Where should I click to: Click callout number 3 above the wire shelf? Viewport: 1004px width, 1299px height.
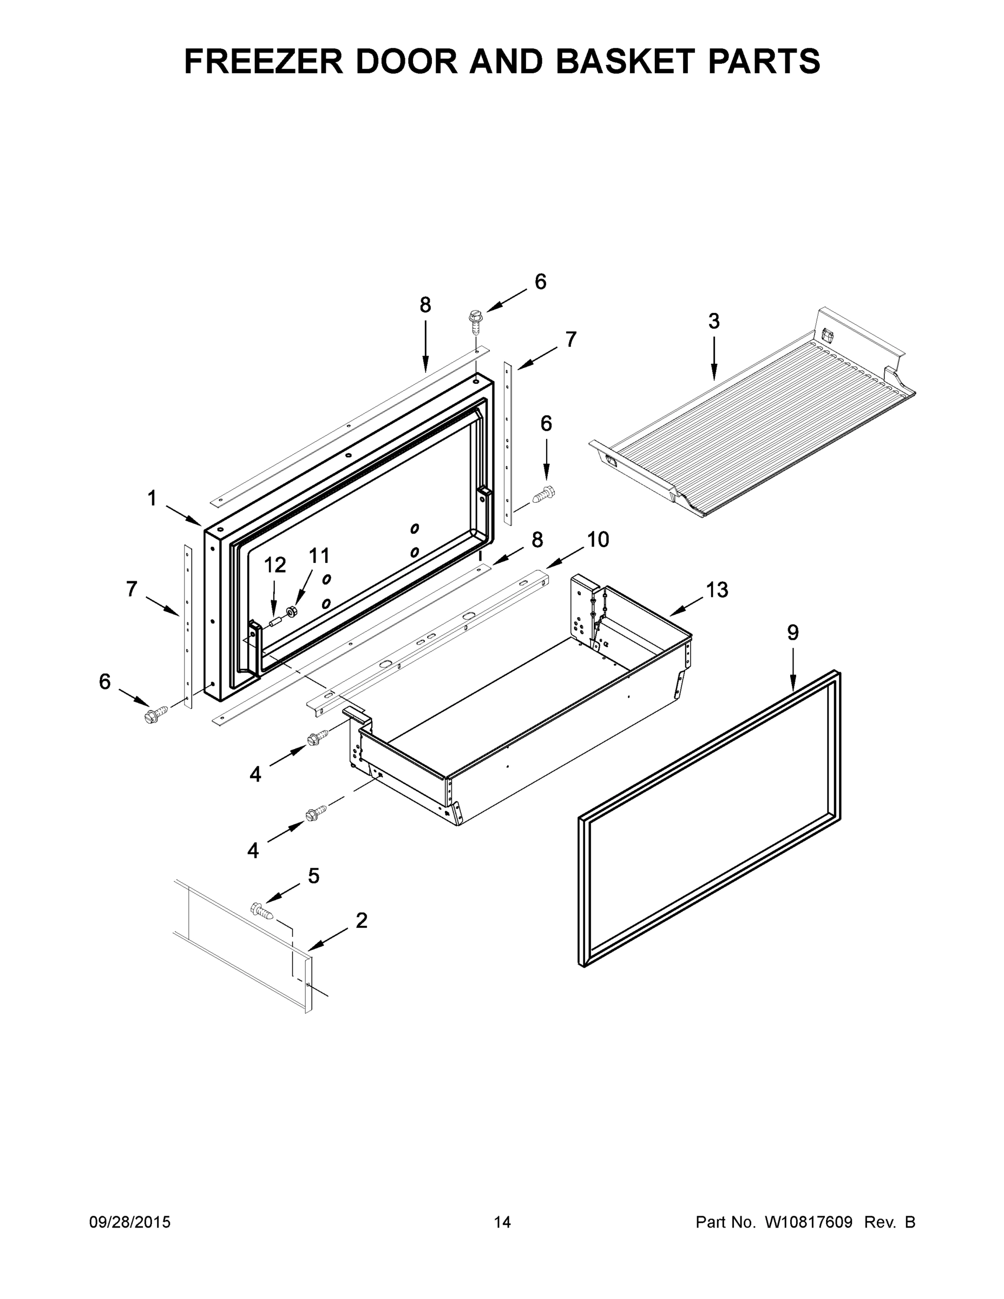[x=714, y=321]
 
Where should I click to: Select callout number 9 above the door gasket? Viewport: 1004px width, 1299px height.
[x=793, y=632]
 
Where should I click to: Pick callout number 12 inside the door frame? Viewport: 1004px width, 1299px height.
[x=275, y=565]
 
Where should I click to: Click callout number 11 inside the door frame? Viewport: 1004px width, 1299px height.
[x=319, y=556]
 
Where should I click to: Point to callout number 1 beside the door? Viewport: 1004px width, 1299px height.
[x=152, y=498]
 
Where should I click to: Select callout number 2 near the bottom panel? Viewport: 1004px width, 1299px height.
[x=361, y=921]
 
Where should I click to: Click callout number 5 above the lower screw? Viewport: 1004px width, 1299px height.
[x=313, y=876]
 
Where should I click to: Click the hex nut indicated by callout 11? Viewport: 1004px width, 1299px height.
[x=291, y=611]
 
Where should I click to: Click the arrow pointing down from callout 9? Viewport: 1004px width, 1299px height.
[x=793, y=669]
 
